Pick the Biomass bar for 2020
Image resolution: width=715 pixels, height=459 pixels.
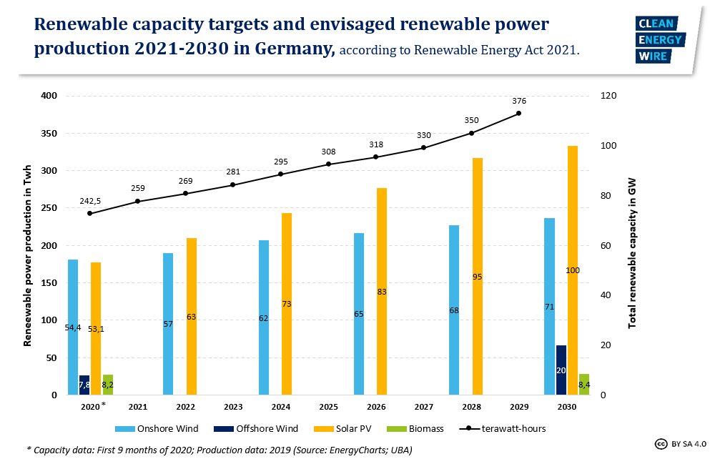108,384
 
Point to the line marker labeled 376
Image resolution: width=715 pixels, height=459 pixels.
519,113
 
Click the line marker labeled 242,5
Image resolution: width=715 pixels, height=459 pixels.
90,213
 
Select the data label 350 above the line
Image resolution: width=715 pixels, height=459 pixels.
471,120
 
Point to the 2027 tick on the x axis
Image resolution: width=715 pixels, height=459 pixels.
424,407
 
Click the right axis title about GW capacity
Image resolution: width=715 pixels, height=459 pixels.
632,253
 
